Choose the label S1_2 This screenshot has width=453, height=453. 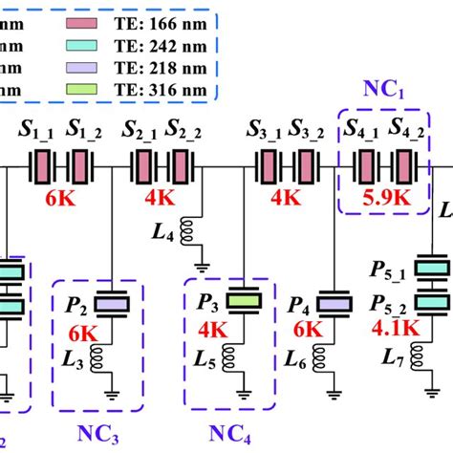pyautogui.click(x=83, y=128)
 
